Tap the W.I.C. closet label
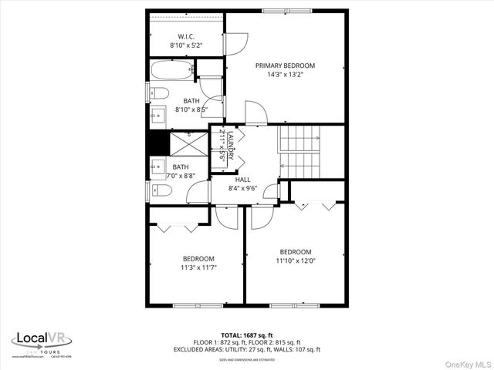185,37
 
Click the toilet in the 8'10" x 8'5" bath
158,94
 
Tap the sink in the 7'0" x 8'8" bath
157,166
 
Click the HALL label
243,179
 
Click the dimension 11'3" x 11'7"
198,267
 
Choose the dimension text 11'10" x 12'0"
296,261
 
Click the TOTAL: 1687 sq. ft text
246,335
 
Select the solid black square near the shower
157,143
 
